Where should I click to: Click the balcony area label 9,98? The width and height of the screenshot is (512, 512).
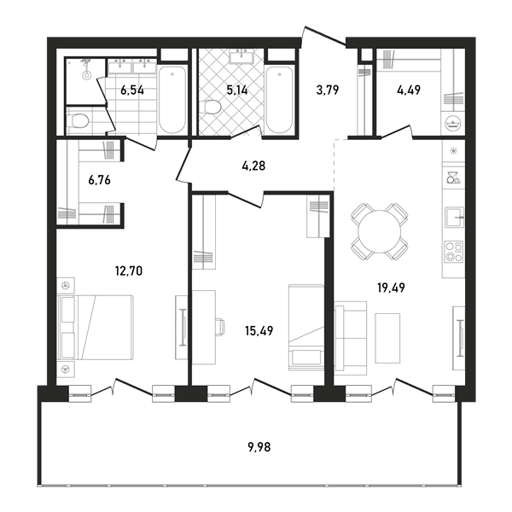[259, 446]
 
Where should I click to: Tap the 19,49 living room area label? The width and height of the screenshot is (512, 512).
[391, 288]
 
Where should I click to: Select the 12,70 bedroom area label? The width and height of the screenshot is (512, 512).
[129, 271]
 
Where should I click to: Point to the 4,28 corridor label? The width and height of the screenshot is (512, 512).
[253, 166]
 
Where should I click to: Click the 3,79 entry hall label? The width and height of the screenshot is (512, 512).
[328, 90]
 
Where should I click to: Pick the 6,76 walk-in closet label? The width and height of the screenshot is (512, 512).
[99, 180]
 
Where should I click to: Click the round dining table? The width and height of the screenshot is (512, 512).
[379, 231]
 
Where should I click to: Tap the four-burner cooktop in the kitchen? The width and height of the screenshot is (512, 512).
[454, 252]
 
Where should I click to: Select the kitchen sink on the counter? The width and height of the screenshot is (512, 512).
[454, 217]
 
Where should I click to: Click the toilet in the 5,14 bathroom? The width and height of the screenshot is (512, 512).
[212, 108]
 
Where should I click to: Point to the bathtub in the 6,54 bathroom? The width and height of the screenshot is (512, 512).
[172, 99]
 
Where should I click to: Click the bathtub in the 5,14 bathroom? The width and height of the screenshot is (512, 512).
[279, 99]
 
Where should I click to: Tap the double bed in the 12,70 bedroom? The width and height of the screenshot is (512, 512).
[96, 328]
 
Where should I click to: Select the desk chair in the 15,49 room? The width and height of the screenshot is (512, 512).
[221, 327]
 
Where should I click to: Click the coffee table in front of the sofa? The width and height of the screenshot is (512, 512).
[387, 338]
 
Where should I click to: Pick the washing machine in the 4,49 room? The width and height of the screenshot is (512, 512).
[454, 123]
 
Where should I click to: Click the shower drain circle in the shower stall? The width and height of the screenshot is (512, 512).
[86, 76]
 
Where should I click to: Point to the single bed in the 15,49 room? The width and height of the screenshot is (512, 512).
[306, 327]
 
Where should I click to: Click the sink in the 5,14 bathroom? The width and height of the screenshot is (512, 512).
[241, 57]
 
